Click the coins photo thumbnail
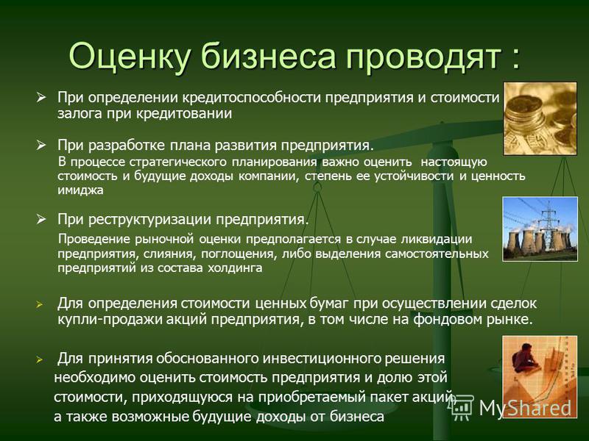tap(540, 118)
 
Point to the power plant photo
tap(540, 229)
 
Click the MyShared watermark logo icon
tap(461, 407)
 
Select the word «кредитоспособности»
tap(252, 98)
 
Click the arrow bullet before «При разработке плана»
tap(41, 145)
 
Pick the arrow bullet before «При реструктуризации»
tap(41, 219)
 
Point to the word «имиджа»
tap(80, 190)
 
